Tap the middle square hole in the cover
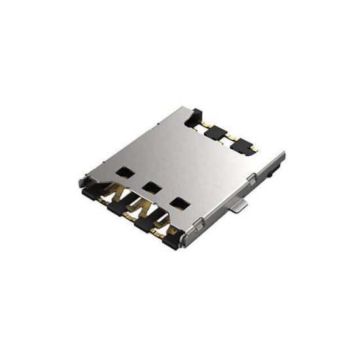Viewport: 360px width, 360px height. point(153,187)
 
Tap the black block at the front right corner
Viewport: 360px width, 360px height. point(171,240)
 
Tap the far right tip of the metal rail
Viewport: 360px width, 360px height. point(283,154)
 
